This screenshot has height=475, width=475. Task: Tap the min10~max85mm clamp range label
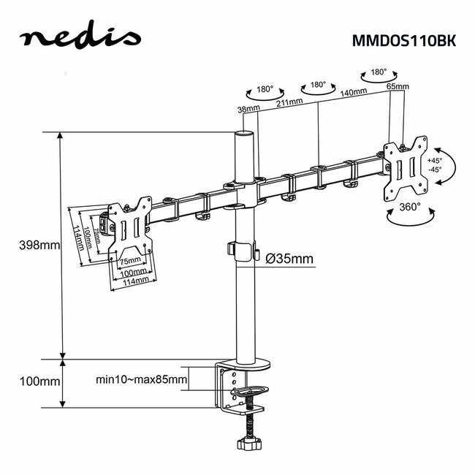click(x=141, y=379)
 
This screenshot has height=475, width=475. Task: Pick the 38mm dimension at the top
click(x=248, y=109)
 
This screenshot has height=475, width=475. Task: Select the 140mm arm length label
click(x=353, y=94)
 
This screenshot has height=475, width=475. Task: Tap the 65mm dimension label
click(x=397, y=87)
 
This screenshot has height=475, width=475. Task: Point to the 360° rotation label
click(x=409, y=207)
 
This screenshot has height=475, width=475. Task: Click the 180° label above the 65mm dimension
click(x=379, y=73)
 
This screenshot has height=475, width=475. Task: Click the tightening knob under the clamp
click(x=248, y=443)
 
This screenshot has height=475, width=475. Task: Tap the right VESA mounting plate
click(x=406, y=168)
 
